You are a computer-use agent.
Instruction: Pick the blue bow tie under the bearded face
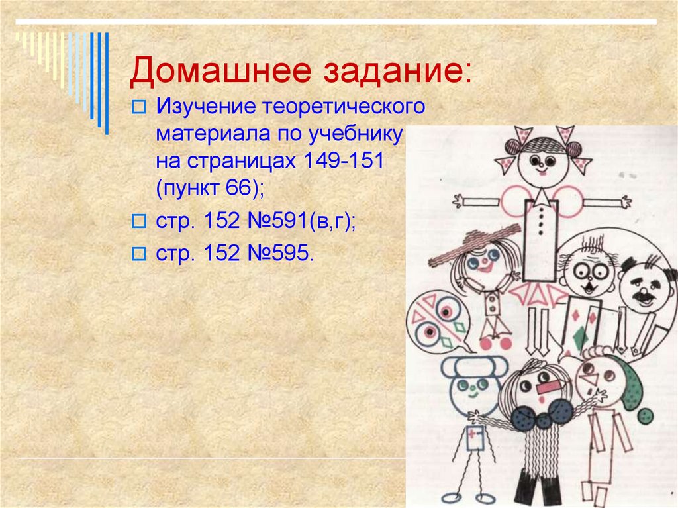click(543, 413)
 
